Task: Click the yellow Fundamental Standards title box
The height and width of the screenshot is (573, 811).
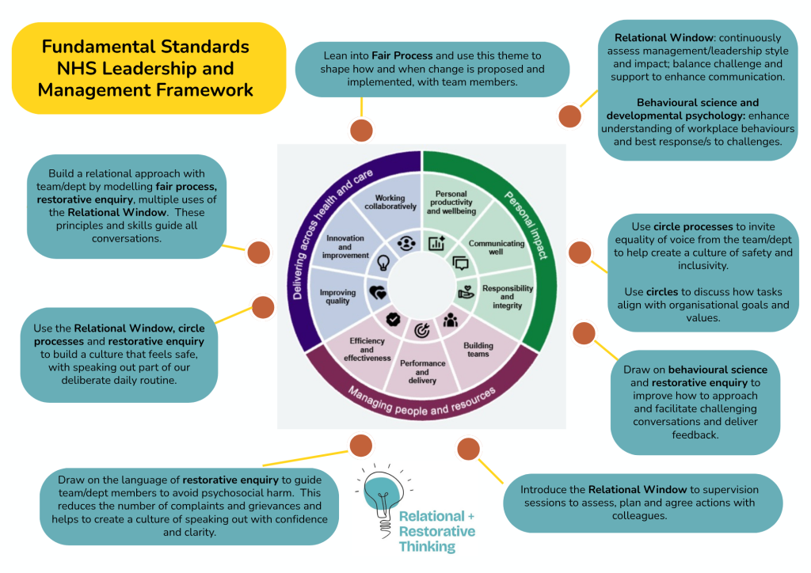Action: [149, 68]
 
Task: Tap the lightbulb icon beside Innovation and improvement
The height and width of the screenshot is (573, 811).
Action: [383, 263]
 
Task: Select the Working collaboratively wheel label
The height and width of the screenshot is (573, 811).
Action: [390, 202]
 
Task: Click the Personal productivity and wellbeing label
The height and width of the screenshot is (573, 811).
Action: [451, 203]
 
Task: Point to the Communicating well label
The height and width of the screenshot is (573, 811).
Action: [496, 248]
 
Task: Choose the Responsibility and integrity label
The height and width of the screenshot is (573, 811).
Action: [508, 297]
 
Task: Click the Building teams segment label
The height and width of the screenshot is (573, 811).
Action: [478, 350]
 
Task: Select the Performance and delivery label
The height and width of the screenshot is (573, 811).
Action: [423, 372]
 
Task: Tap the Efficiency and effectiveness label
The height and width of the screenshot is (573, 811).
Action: [367, 349]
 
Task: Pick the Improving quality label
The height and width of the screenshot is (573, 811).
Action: [337, 297]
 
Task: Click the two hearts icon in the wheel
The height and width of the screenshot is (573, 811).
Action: [378, 293]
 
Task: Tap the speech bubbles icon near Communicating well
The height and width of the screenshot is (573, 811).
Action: [460, 264]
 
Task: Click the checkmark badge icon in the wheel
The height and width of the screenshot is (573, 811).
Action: [393, 320]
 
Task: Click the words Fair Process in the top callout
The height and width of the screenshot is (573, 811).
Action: [402, 56]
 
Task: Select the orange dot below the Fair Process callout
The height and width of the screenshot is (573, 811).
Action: [361, 131]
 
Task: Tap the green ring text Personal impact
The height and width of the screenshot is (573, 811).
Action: [526, 225]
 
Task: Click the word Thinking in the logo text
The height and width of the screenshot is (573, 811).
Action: [427, 547]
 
